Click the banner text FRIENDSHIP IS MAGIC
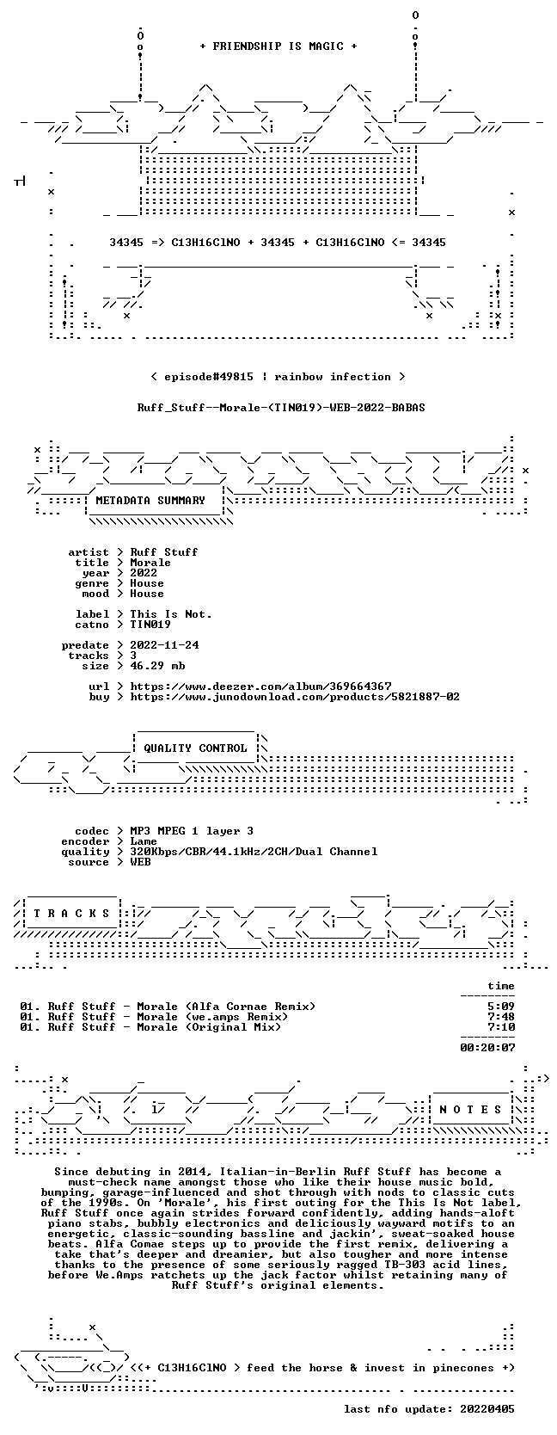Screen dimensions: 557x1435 [x=278, y=46]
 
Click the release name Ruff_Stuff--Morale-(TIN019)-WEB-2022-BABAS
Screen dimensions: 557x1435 [x=281, y=408]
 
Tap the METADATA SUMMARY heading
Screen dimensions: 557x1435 [x=150, y=501]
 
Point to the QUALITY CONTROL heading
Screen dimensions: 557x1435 [x=195, y=748]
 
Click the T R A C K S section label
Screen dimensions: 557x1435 [x=71, y=914]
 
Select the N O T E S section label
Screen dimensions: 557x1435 [x=470, y=1110]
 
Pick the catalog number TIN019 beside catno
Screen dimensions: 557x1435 [x=150, y=625]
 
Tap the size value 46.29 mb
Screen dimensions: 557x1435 [x=157, y=666]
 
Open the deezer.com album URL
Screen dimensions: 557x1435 [x=260, y=687]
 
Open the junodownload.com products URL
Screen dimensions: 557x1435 [x=295, y=697]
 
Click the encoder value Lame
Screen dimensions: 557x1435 [x=144, y=841]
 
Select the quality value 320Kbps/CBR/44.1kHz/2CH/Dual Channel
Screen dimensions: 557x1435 [x=254, y=852]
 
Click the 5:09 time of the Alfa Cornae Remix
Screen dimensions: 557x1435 [x=501, y=1007]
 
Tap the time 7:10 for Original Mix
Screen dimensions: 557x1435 [x=501, y=1027]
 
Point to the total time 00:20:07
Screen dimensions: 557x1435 [x=488, y=1048]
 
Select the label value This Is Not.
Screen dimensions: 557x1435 [x=171, y=614]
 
